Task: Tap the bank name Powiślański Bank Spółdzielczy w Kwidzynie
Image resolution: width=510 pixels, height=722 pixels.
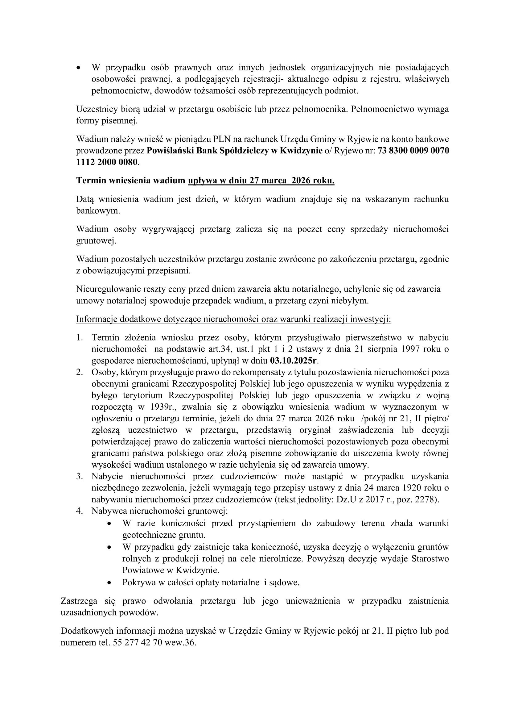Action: coord(235,151)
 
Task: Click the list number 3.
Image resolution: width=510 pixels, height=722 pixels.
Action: coord(79,476)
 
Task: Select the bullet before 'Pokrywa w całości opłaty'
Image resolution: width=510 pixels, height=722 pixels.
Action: coord(109,583)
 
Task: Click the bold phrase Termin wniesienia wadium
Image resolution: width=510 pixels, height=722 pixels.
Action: coord(131,181)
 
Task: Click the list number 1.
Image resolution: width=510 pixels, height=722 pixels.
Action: coord(79,337)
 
